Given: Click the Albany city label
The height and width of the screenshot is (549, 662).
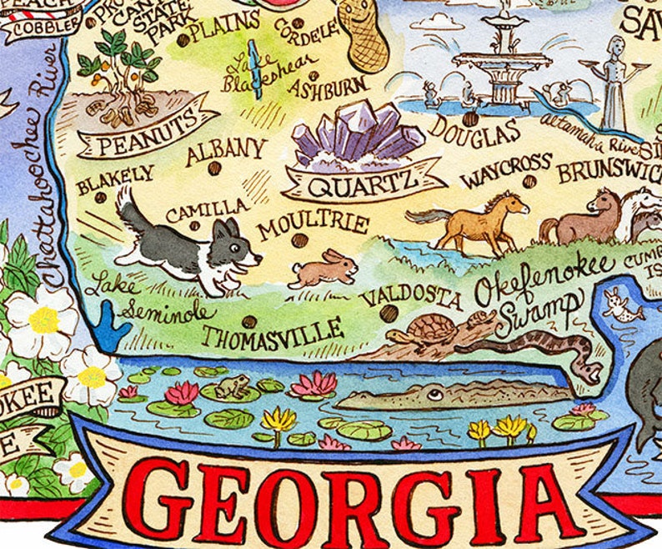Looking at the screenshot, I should click(224, 153).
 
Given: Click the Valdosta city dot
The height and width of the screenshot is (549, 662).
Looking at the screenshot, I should click(389, 313).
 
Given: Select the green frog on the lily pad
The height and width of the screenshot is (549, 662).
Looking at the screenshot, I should click(234, 386).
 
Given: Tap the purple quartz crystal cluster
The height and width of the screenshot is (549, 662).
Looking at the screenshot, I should click(355, 133).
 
